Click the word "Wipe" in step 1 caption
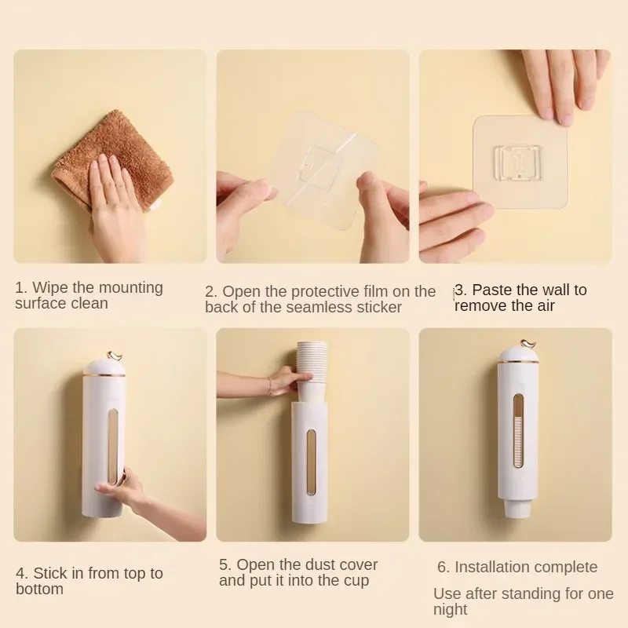pyautogui.click(x=48, y=287)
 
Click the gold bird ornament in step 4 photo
pyautogui.click(x=116, y=356)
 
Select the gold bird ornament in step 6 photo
pyautogui.click(x=528, y=344)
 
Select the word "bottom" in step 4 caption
pyautogui.click(x=40, y=590)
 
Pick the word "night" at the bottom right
pyautogui.click(x=450, y=610)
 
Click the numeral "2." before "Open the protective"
pyautogui.click(x=210, y=291)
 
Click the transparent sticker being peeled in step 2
pyautogui.click(x=323, y=170)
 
